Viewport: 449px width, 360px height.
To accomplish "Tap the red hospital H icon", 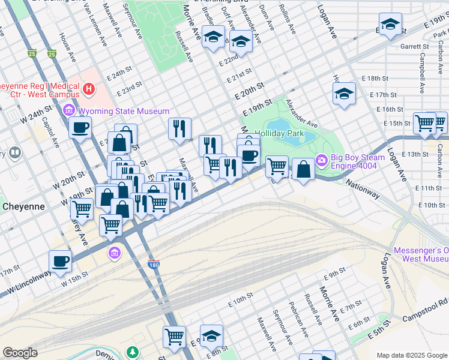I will (x=89, y=90).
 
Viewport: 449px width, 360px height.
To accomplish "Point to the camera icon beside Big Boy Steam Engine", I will (x=322, y=160).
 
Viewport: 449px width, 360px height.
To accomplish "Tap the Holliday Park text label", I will (x=279, y=133).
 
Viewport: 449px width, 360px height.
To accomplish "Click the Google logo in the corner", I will (x=20, y=353).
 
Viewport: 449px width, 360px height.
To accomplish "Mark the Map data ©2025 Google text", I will (x=411, y=355).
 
